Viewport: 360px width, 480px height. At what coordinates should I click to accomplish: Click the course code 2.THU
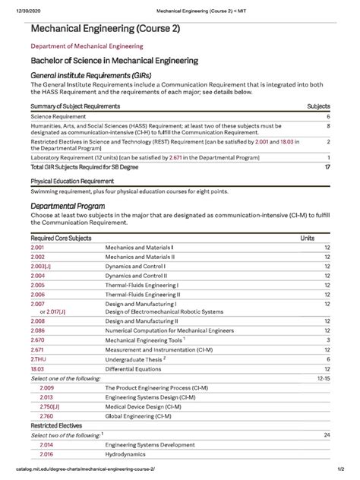[x=39, y=358]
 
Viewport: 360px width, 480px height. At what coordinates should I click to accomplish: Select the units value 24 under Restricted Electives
[x=326, y=434]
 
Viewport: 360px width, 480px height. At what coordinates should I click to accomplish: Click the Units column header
[x=308, y=238]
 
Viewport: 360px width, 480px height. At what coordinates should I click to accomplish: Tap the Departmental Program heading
[x=67, y=206]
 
